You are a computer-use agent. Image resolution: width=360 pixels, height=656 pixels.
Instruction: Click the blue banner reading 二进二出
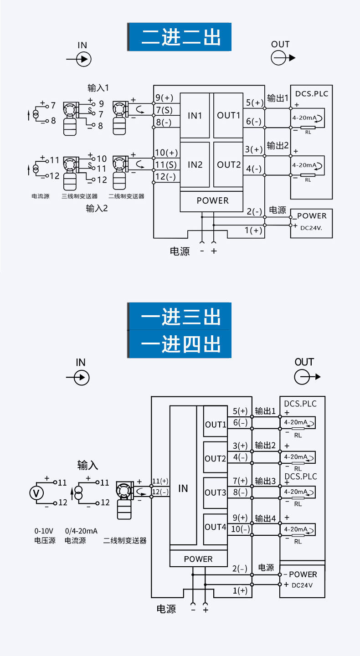(180, 37)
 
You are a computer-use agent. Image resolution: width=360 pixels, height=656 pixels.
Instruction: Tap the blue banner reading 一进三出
(180, 316)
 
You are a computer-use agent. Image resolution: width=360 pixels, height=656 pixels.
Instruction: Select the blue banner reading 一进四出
(180, 343)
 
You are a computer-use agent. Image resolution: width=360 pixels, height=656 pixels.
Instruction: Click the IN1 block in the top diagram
(195, 115)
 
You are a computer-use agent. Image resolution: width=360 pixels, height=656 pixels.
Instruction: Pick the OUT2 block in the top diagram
(228, 164)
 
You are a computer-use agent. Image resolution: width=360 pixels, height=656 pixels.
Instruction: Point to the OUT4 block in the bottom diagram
(215, 527)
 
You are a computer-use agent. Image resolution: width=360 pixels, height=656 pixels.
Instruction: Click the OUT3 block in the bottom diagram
(215, 492)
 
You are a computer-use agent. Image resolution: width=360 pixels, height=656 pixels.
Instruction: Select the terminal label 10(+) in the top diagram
(166, 153)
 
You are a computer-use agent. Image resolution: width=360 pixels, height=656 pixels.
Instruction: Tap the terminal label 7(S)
(164, 110)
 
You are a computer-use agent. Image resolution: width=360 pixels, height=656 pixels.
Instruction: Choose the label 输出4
(265, 518)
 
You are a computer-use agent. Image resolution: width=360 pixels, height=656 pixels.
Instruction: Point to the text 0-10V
(44, 531)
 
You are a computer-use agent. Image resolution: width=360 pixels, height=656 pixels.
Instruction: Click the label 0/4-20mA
(81, 531)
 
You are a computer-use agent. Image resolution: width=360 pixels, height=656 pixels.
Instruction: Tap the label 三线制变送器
(80, 196)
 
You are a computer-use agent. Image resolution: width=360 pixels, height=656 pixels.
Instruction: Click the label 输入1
(98, 87)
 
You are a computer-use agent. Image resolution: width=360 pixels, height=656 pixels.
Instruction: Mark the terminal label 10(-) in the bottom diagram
(240, 529)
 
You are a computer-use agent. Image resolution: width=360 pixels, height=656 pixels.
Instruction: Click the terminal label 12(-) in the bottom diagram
(160, 492)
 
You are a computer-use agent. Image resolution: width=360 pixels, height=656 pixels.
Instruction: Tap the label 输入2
(97, 209)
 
